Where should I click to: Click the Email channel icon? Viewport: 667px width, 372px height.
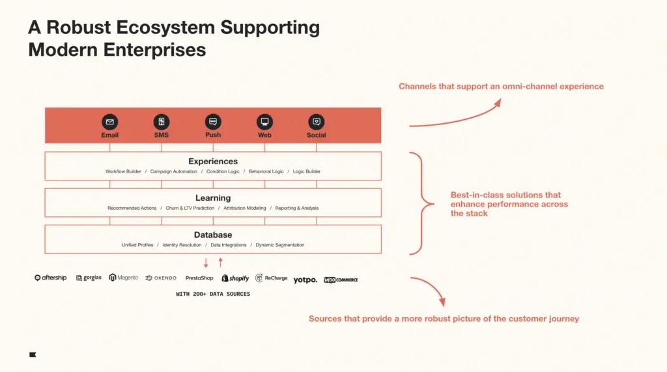tap(109, 122)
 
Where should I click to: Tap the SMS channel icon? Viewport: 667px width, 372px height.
tap(162, 122)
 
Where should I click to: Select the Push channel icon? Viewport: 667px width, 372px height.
tap(213, 122)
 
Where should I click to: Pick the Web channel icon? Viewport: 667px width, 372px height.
tap(264, 122)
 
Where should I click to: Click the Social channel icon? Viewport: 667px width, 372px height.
tap(316, 122)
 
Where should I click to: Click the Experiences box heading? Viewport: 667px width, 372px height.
tap(213, 162)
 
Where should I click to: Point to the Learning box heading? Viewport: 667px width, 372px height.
tap(213, 198)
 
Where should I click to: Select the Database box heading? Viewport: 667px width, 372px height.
tap(213, 235)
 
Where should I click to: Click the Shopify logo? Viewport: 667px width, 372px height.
tap(235, 278)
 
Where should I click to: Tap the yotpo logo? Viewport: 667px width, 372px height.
tap(305, 279)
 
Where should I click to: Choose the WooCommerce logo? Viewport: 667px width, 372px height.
tap(341, 279)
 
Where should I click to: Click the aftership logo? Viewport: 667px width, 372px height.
tap(51, 278)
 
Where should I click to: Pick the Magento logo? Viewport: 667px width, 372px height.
tap(124, 278)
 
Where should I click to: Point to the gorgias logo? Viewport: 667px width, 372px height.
tap(89, 278)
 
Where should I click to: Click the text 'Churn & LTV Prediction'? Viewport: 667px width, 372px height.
tap(190, 208)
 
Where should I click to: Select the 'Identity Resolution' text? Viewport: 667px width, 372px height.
tap(182, 245)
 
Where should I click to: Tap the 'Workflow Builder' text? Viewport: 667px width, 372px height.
tap(123, 171)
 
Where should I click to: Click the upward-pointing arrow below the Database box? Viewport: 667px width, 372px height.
tap(220, 262)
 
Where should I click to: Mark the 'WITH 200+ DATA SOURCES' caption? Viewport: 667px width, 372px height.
tap(213, 294)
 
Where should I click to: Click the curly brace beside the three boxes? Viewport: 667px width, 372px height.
tap(422, 203)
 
